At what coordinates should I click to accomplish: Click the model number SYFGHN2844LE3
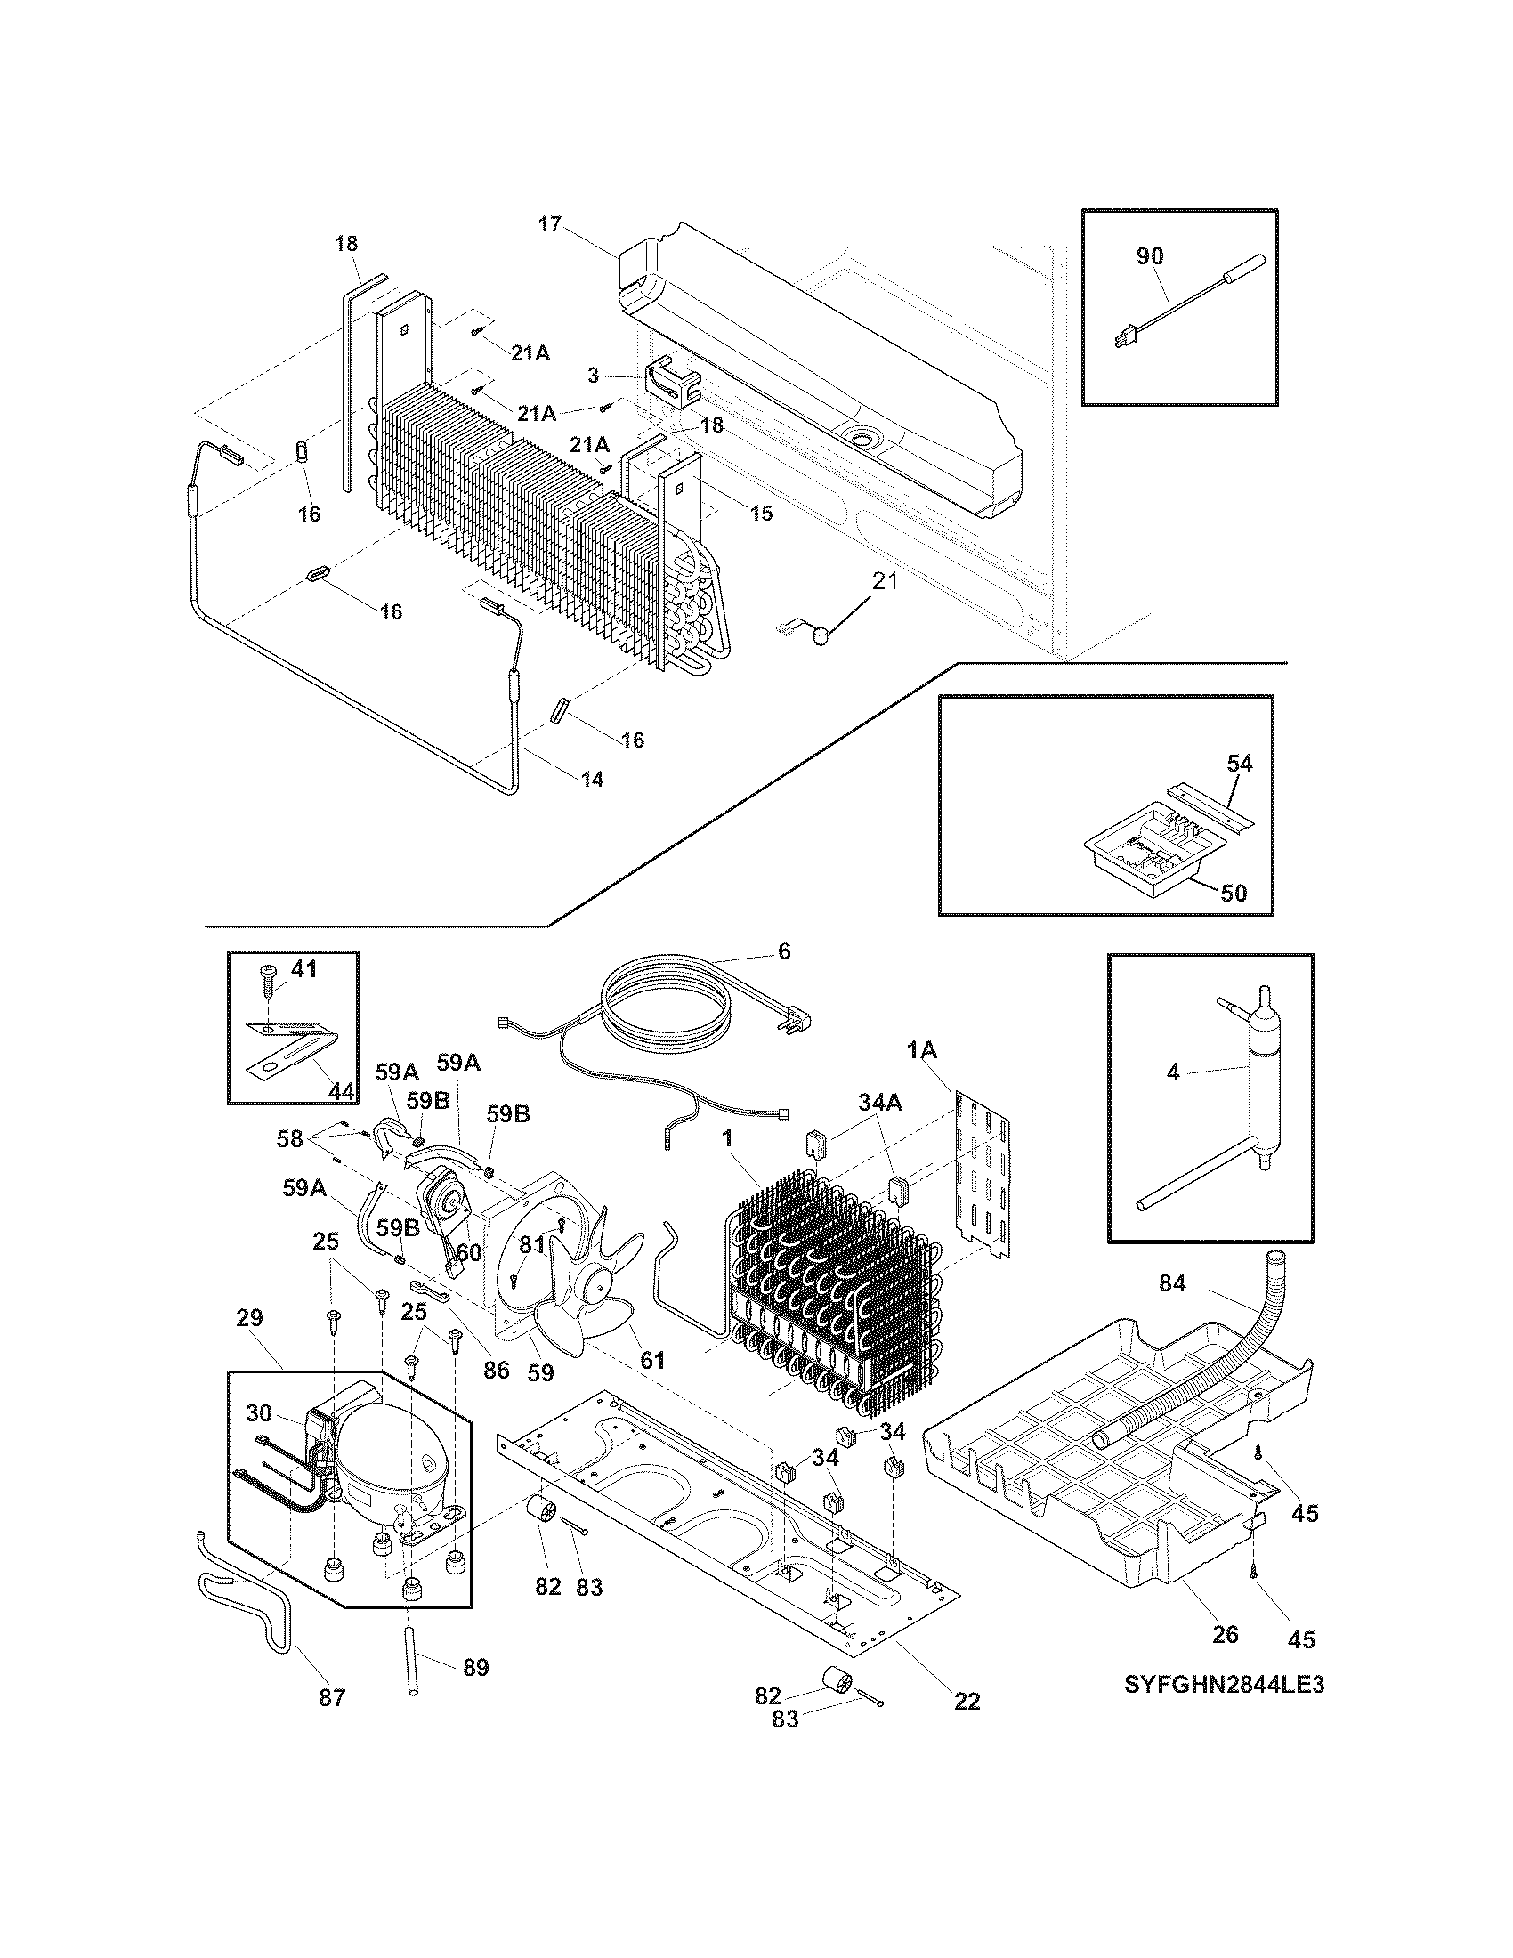tap(1225, 1685)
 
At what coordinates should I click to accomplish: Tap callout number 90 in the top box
tap(1149, 255)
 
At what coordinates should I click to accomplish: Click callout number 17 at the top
tap(549, 224)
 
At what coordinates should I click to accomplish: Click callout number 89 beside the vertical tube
tap(475, 1668)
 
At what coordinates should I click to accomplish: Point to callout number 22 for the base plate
tap(967, 1701)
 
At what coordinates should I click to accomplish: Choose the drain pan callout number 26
tap(1225, 1633)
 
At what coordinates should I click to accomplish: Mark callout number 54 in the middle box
tap(1239, 764)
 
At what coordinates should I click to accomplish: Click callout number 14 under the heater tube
tap(593, 779)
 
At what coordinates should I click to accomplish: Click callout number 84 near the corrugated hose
tap(1172, 1283)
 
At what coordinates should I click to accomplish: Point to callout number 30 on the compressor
tap(258, 1413)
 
